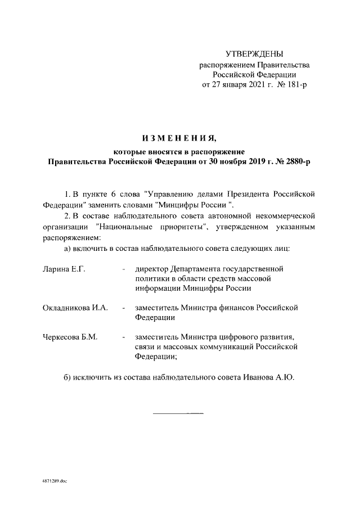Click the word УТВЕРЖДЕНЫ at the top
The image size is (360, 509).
254,54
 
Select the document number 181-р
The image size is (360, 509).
296,85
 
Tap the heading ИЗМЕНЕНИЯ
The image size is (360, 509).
179,138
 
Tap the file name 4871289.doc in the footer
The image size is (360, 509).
54,482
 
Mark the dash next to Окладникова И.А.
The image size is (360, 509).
123,308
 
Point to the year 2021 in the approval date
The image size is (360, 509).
263,85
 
